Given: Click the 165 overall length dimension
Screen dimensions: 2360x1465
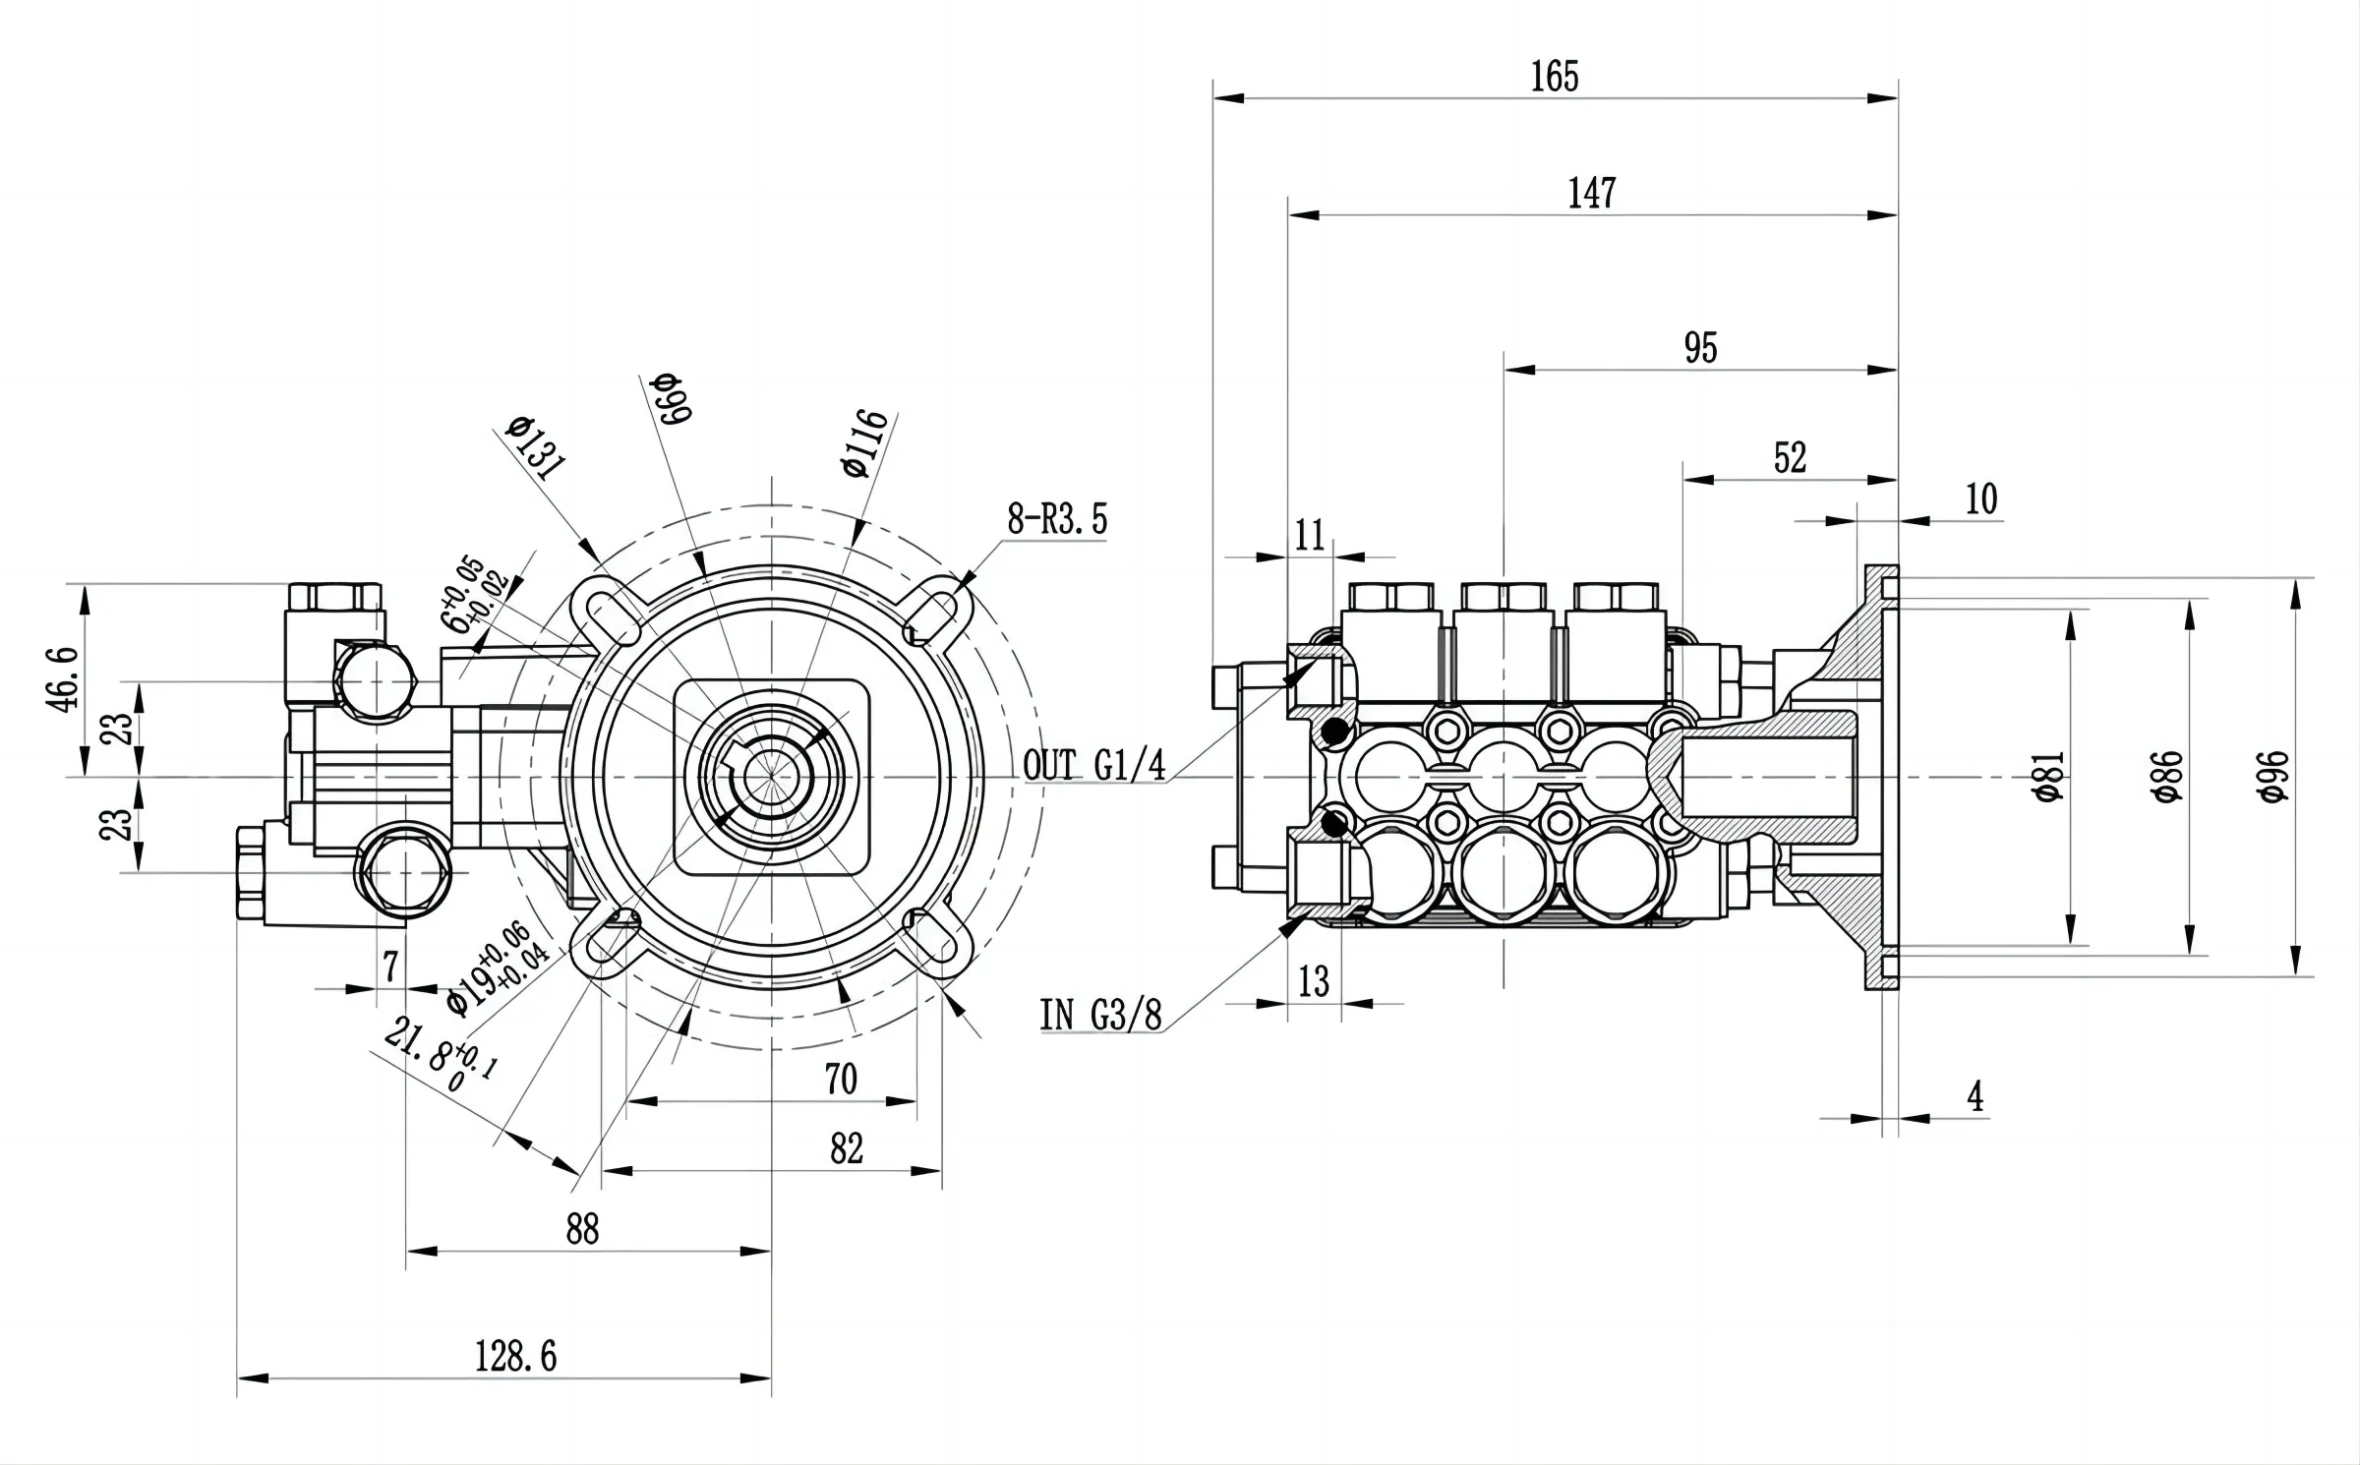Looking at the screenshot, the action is point(1555,77).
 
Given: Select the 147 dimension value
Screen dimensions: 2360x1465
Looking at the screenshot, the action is point(1592,193).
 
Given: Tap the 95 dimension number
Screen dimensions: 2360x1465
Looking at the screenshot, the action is point(1700,348).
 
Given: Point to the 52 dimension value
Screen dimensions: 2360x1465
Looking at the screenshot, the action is point(1790,457).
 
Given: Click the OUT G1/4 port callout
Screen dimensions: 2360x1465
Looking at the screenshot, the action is point(1093,765).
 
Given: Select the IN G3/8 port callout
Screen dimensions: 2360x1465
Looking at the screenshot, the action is point(1101,1015).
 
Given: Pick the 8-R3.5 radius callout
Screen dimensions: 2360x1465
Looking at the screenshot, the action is point(1057,518).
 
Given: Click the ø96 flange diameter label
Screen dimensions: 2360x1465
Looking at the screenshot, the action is point(2272,777).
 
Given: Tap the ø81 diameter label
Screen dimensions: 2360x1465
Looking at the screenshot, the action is point(2047,777).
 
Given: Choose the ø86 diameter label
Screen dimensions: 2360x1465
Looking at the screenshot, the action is point(2167,777).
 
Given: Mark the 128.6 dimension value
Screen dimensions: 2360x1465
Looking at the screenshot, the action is point(515,1357).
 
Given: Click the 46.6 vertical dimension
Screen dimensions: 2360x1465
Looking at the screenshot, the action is point(62,678).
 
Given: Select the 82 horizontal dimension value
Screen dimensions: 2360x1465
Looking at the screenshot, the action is point(847,1148).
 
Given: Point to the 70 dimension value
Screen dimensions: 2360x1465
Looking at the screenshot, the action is point(841,1080).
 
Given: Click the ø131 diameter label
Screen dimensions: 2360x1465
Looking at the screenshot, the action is point(536,446).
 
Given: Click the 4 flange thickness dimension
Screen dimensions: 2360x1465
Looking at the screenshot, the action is point(1976,1096).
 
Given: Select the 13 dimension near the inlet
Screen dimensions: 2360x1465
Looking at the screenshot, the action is point(1314,981).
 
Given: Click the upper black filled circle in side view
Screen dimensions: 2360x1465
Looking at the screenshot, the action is point(1334,732).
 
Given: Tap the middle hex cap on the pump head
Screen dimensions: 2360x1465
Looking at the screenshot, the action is point(1504,596).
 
